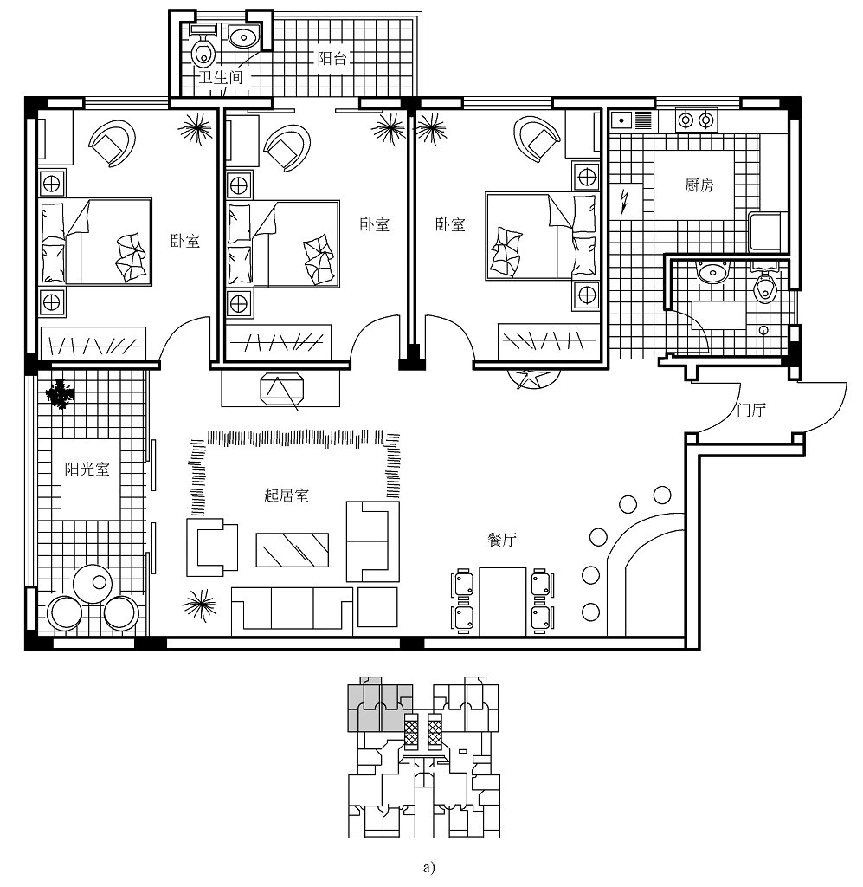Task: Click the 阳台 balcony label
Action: coord(332,58)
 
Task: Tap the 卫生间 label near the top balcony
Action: coord(221,77)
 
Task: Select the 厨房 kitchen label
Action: coord(699,185)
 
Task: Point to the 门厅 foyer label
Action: coord(751,410)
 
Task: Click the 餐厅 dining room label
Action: coord(502,539)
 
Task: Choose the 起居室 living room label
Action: coord(287,495)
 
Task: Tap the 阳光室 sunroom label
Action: coord(87,469)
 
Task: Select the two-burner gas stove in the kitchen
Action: coord(696,120)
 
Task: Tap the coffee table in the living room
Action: coord(293,549)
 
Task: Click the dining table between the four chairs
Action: coord(502,601)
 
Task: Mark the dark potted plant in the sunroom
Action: coord(60,394)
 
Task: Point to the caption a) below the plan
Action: coord(429,866)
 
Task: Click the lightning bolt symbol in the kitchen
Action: coord(624,201)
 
